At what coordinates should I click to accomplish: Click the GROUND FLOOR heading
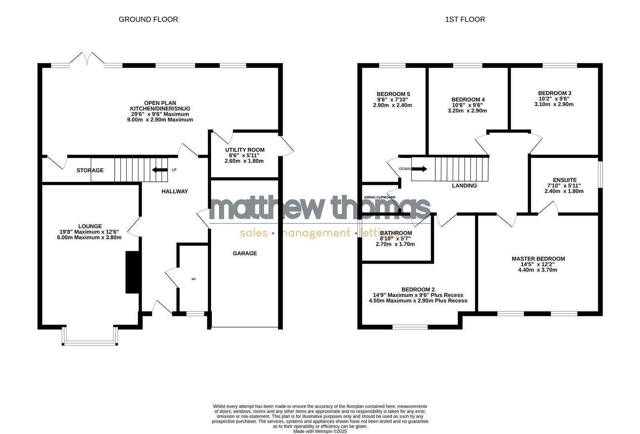[x=148, y=19]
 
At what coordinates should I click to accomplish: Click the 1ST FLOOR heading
[x=465, y=19]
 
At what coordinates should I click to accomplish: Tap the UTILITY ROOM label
[x=244, y=150]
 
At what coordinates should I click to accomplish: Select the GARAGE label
[x=245, y=253]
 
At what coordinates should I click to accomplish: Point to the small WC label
[x=193, y=279]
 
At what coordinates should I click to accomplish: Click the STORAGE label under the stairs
[x=90, y=170]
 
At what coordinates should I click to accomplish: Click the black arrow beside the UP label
[x=159, y=170]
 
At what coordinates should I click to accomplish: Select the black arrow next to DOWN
[x=419, y=169]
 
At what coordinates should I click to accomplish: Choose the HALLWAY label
[x=175, y=191]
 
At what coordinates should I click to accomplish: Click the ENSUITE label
[x=564, y=180]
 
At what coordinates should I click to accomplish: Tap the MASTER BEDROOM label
[x=538, y=259]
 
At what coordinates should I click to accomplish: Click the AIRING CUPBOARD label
[x=379, y=197]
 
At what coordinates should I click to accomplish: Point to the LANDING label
[x=464, y=186]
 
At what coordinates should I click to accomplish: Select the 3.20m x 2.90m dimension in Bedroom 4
[x=467, y=111]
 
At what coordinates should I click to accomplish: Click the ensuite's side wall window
[x=600, y=174]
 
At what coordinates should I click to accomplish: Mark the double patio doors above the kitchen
[x=87, y=59]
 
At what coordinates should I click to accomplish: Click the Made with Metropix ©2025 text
[x=320, y=431]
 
